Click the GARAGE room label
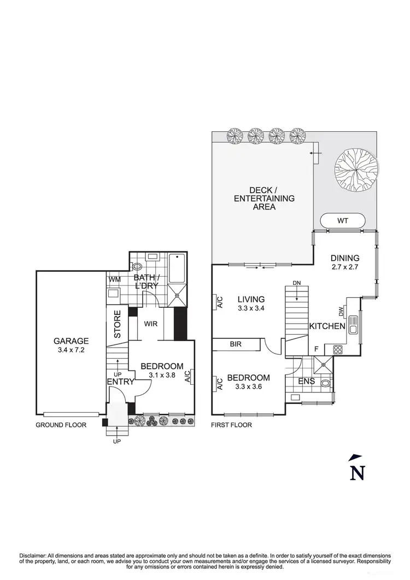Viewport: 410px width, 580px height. (71, 340)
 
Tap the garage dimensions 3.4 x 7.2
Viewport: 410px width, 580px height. (71, 349)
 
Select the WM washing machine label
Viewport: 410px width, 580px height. (114, 280)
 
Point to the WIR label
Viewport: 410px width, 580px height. (151, 324)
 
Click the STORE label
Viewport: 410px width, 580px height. (117, 325)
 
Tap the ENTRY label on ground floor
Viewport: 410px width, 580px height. (120, 382)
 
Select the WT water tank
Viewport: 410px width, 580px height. (342, 220)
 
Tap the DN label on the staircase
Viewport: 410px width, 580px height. (297, 283)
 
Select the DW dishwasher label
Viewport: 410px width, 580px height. (341, 311)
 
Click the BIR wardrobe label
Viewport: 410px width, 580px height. (236, 344)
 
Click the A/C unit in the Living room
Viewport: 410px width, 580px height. (219, 302)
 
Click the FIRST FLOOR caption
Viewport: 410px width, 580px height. (231, 425)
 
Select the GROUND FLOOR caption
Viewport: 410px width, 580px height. (61, 425)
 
